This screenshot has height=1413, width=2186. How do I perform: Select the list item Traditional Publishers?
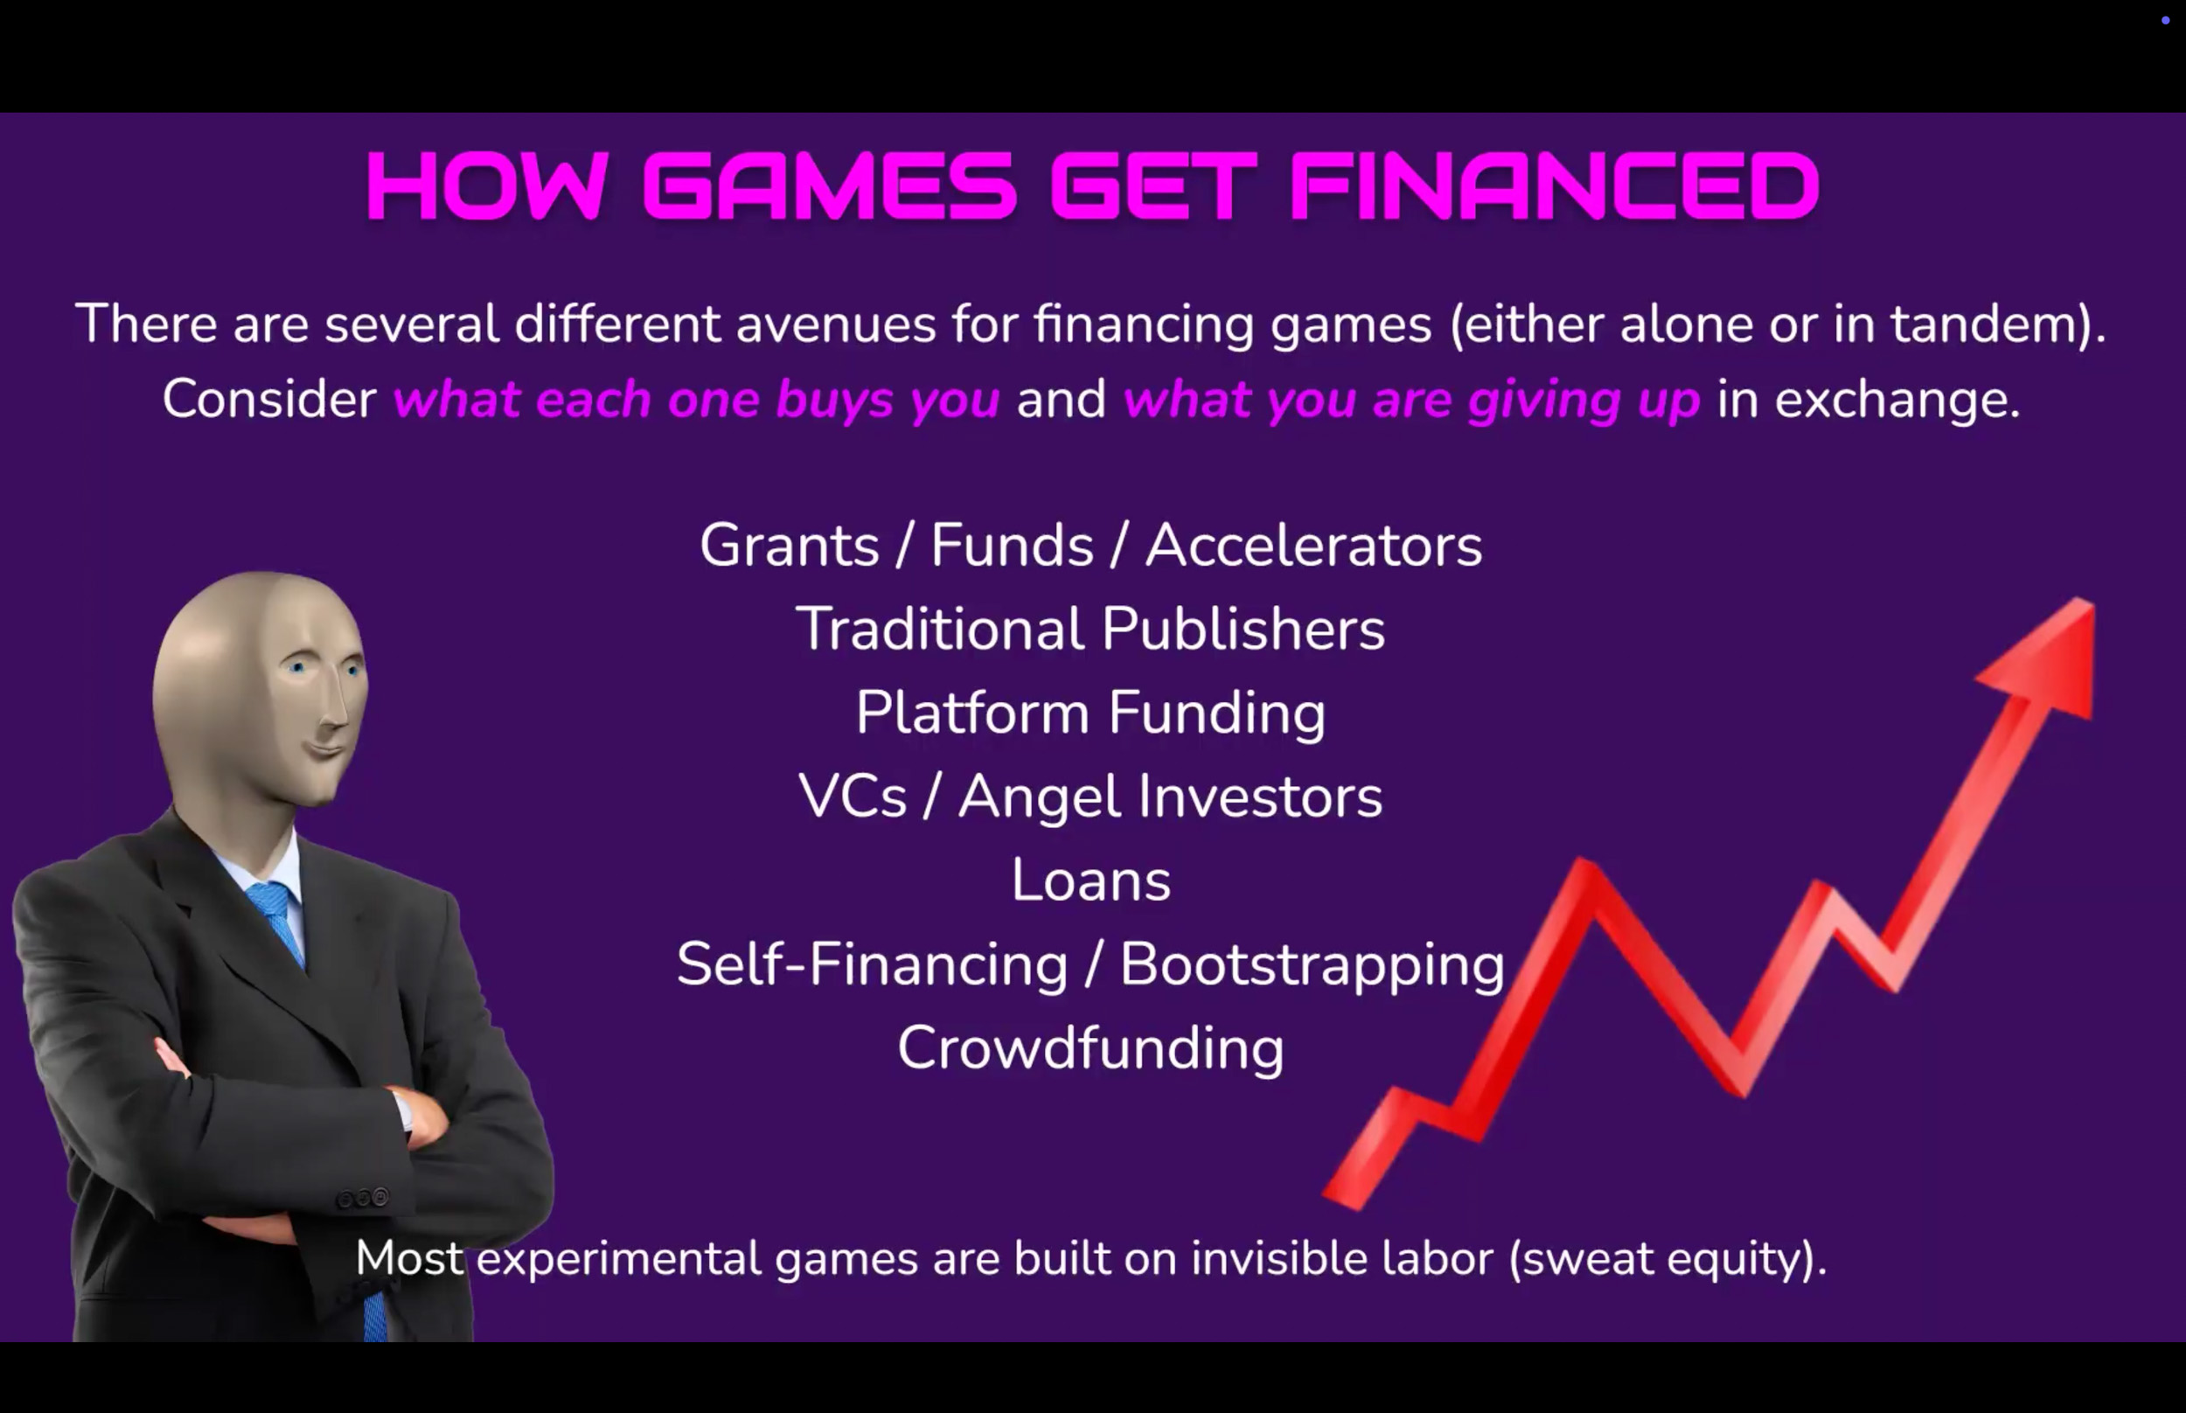(x=1090, y=629)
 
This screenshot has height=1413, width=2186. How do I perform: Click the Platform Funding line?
(x=1090, y=713)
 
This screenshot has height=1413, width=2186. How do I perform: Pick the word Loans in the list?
(x=1091, y=880)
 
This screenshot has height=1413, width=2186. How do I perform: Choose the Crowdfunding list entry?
(x=1090, y=1048)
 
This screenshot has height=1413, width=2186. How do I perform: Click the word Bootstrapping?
(x=1312, y=965)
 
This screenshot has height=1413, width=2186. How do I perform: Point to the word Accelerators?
(x=1313, y=545)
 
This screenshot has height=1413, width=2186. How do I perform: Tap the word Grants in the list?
(x=790, y=545)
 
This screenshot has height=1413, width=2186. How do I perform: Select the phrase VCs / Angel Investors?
(x=1090, y=796)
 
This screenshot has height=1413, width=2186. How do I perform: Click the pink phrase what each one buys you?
(x=696, y=400)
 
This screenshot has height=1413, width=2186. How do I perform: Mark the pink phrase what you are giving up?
(x=1412, y=400)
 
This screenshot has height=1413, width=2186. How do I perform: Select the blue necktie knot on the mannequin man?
(x=272, y=897)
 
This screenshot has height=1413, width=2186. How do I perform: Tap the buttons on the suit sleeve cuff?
(x=363, y=1197)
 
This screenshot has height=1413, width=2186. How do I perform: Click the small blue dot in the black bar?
(x=2166, y=20)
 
